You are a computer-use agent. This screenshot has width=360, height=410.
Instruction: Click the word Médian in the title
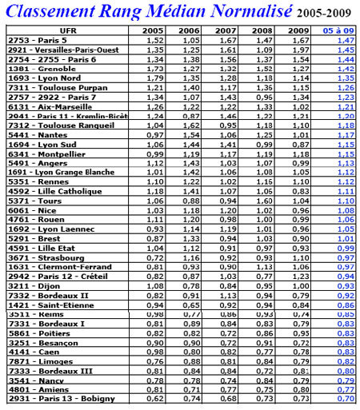tap(158, 10)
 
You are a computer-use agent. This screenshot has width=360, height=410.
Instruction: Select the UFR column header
tap(69, 30)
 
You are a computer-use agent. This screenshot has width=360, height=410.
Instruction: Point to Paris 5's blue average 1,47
tap(345, 39)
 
